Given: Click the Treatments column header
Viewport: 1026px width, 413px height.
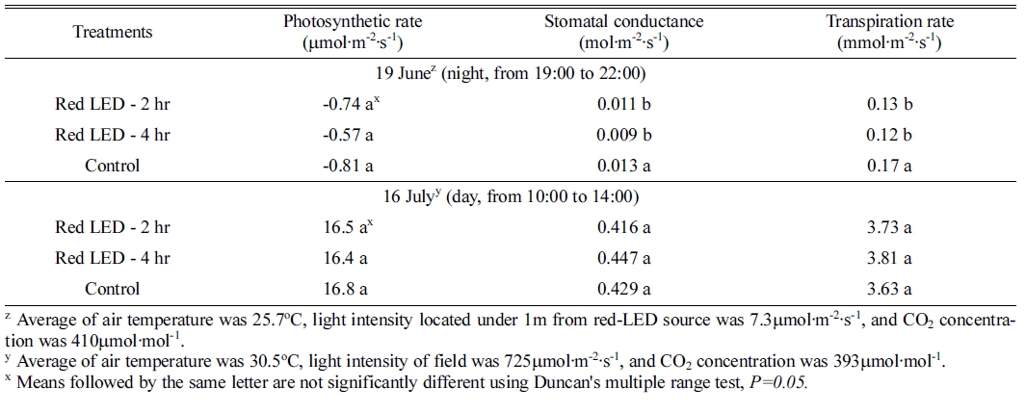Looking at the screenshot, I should (113, 32).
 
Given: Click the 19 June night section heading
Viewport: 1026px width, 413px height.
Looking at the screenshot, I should (513, 73).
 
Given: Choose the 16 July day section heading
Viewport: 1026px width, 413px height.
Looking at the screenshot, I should (513, 197).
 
